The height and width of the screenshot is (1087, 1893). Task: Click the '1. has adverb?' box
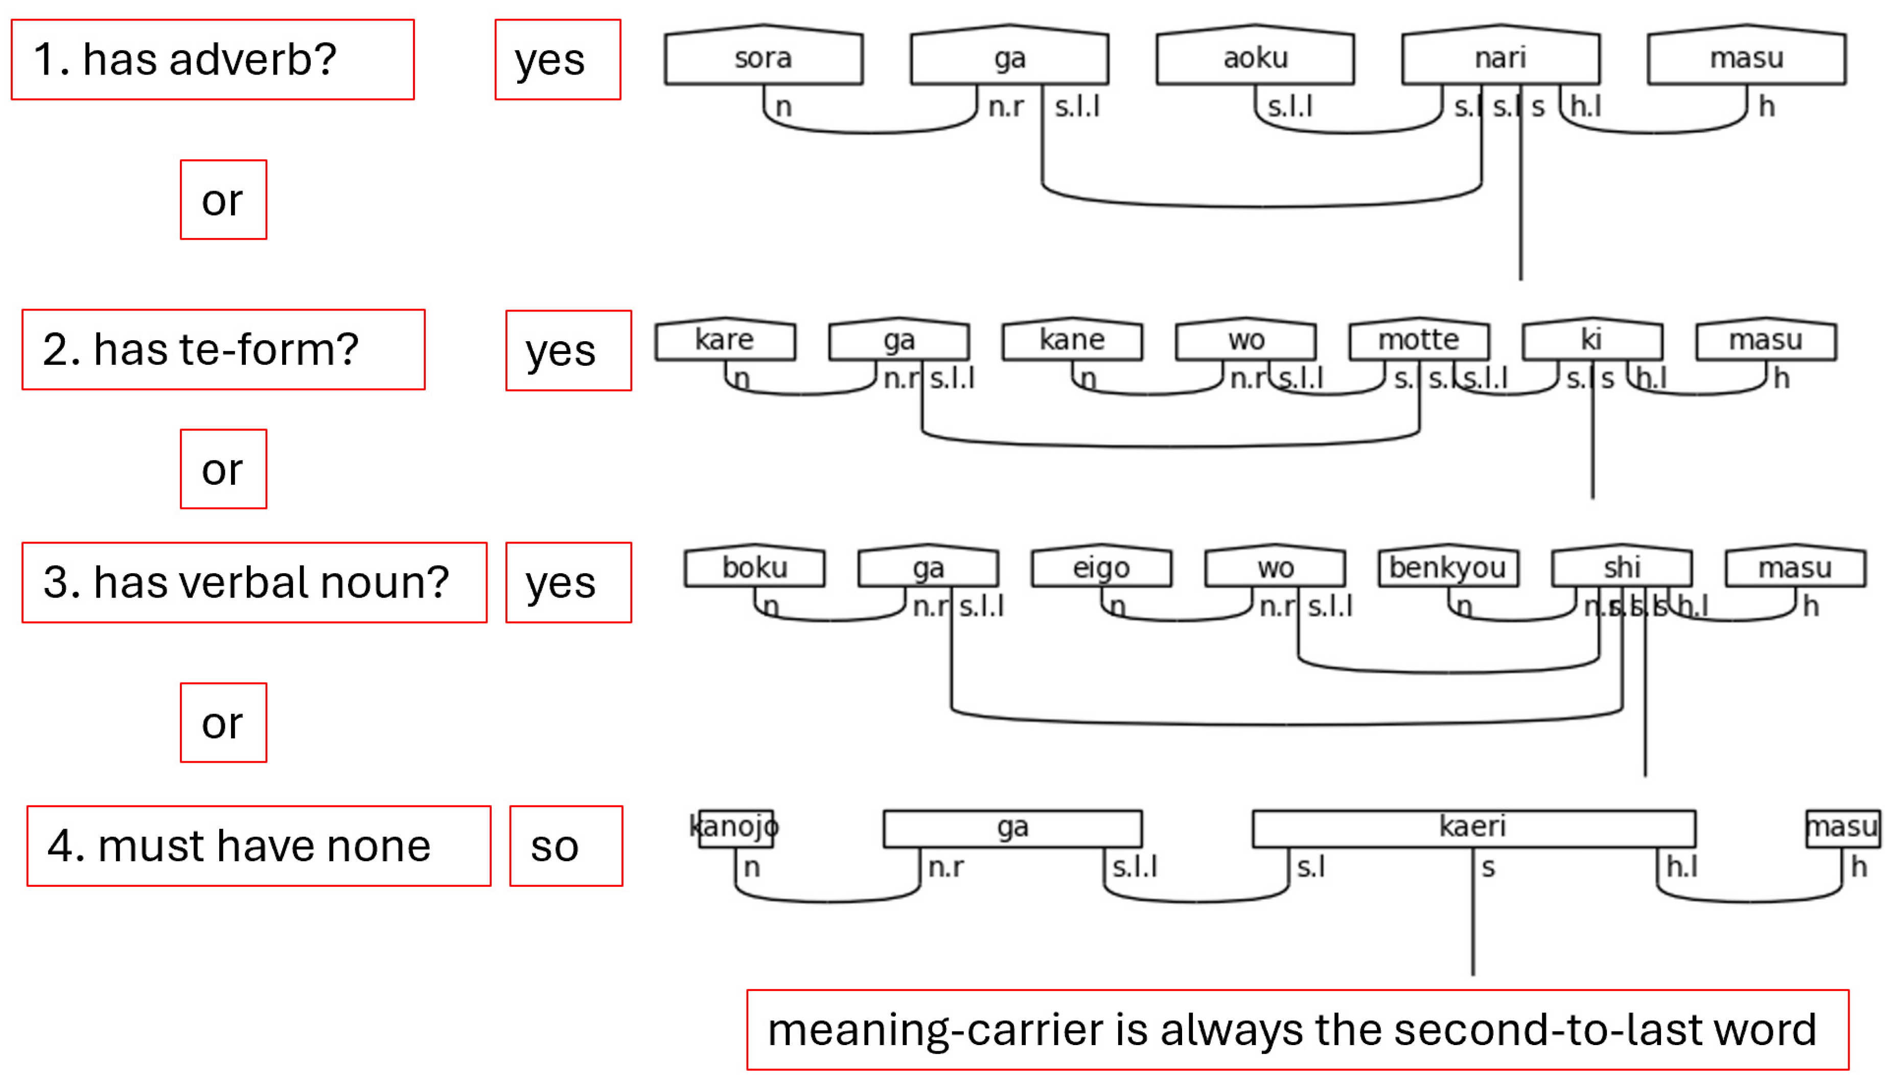point(213,60)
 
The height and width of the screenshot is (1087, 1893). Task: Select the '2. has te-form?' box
point(223,349)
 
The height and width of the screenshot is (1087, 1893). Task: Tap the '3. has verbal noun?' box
point(254,582)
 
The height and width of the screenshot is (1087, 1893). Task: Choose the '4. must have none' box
point(259,846)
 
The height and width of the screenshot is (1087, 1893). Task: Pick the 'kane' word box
point(1072,340)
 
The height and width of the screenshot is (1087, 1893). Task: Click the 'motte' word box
point(1418,340)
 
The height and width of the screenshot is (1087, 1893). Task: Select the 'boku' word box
point(754,568)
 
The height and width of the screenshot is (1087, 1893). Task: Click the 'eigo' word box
point(1101,568)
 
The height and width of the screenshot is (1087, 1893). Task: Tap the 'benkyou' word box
point(1447,568)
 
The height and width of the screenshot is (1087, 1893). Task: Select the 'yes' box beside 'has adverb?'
point(557,60)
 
